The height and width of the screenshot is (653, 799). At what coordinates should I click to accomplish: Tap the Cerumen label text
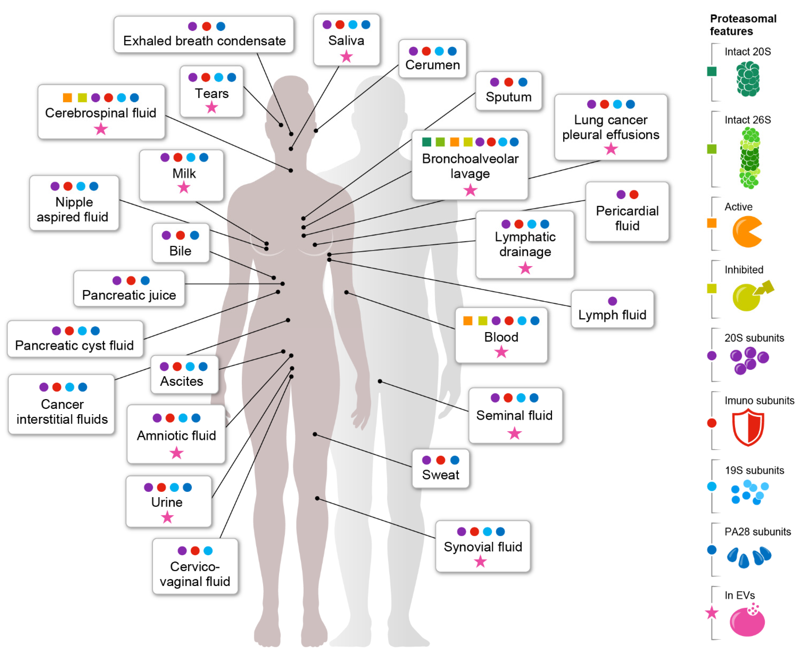coord(432,65)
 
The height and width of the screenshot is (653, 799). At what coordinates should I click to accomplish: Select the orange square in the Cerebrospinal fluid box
coord(67,98)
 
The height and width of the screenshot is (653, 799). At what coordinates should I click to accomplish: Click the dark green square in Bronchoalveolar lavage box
coord(426,142)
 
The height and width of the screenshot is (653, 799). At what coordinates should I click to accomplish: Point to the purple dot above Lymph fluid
coord(612,301)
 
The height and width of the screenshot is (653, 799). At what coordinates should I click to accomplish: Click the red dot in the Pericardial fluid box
coord(634,194)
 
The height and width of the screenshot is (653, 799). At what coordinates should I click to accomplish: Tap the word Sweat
coord(440,475)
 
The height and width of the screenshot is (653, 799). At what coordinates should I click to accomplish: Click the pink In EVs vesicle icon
coord(747,621)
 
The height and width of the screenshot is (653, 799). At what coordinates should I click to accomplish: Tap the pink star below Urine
coord(167,518)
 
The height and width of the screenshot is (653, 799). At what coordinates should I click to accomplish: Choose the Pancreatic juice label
coord(129,295)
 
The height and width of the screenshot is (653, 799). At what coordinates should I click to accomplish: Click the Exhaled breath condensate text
coord(204,41)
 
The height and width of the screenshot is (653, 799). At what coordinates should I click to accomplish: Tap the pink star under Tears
coord(211,108)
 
